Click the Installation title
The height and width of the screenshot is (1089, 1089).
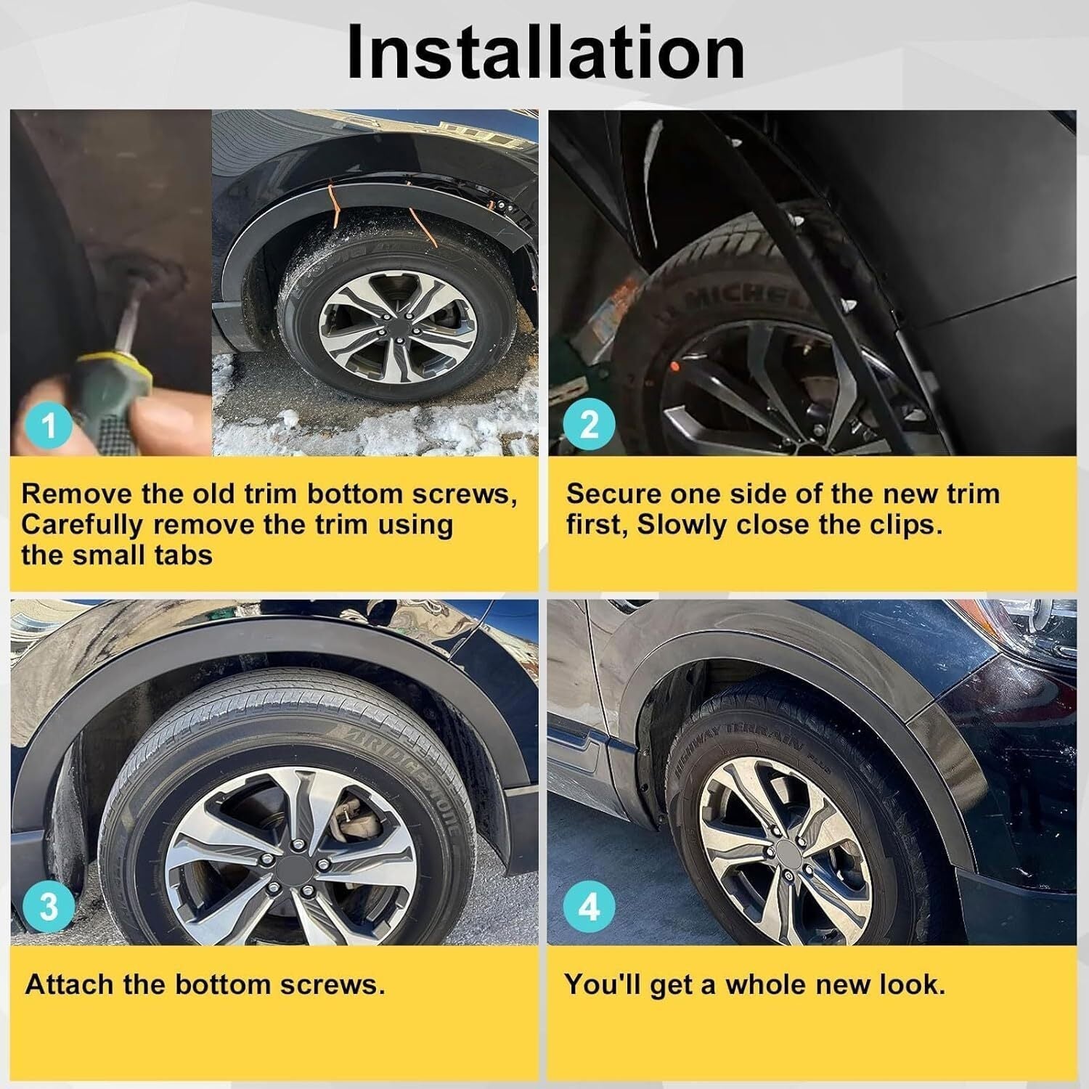coord(546,52)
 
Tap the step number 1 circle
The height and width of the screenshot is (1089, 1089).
coord(49,424)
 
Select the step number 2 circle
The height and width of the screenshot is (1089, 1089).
coord(590,424)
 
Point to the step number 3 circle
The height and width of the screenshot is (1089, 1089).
coord(49,907)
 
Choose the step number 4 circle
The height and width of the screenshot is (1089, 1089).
coord(590,907)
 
